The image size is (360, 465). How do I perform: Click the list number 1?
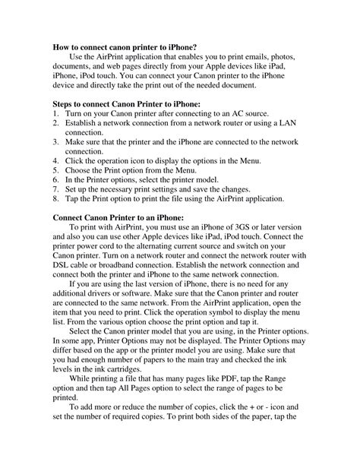[55, 115]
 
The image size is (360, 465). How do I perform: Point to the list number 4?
[55, 160]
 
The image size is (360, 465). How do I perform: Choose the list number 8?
[55, 200]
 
